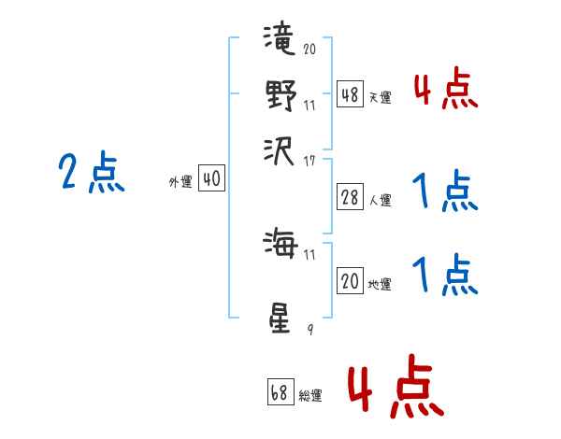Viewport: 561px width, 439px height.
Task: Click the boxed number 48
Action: coord(350,94)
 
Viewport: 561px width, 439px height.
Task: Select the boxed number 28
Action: coord(350,197)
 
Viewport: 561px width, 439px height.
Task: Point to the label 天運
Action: coord(381,97)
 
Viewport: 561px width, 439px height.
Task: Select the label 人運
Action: coord(381,200)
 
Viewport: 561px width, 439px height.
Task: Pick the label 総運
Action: coord(310,395)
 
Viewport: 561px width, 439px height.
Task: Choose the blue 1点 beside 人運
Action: coord(445,192)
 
